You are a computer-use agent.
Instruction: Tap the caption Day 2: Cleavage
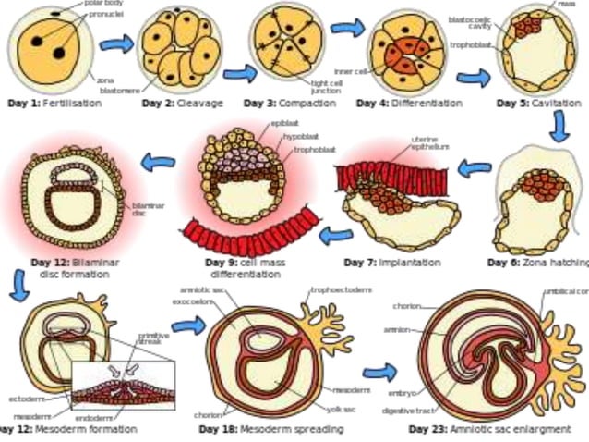coord(182,104)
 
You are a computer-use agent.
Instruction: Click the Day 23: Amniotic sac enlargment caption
coord(489,429)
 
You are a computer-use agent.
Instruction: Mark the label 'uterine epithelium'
coord(429,142)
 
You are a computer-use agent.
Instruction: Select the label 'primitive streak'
coord(153,339)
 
